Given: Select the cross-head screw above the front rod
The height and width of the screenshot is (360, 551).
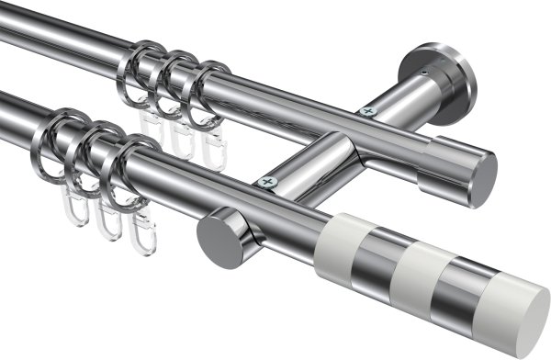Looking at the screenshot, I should click(268, 183).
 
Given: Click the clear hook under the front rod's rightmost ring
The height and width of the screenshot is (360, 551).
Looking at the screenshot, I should click(142, 234).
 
